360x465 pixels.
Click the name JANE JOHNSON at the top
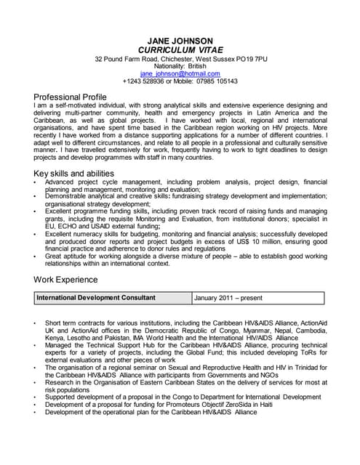(180, 40)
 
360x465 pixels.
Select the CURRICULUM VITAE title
(180, 49)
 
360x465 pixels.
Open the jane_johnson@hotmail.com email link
(180, 74)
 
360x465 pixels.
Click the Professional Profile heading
(71, 97)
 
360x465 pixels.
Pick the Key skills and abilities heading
(74, 174)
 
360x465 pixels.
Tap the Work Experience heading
(66, 280)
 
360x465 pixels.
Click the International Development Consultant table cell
(95, 298)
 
